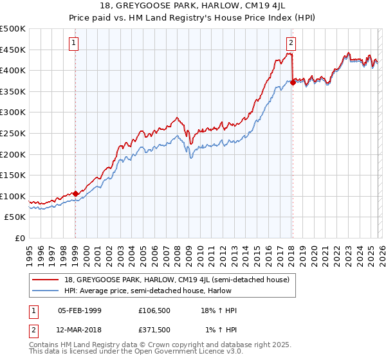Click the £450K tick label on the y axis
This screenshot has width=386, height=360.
pos(13,50)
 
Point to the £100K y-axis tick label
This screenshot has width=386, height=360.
pos(13,196)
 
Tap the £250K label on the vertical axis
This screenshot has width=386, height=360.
pos(13,133)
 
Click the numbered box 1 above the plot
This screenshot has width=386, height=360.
pos(75,43)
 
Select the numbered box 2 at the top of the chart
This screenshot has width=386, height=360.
pos(291,43)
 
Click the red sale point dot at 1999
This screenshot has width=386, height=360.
pos(75,193)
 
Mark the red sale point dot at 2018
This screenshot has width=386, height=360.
pos(293,82)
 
